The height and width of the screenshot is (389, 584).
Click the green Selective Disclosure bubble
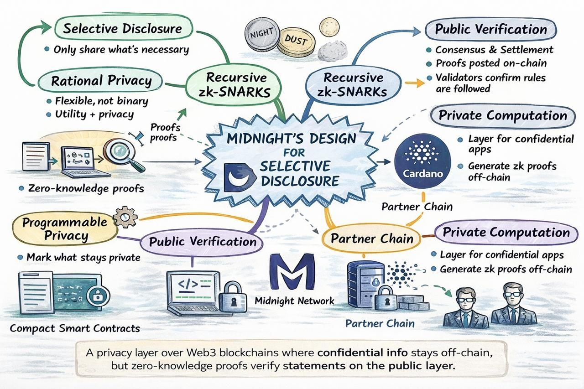click(122, 29)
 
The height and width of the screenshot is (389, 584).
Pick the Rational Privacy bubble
click(101, 81)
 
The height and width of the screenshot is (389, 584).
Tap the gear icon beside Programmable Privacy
click(122, 218)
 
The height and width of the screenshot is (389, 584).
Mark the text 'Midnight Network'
click(294, 301)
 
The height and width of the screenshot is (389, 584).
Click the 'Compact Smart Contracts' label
click(74, 328)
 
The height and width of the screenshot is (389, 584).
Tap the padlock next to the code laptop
click(233, 297)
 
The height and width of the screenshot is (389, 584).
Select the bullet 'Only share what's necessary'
click(121, 50)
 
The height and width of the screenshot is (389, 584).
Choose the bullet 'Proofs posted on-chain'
click(491, 63)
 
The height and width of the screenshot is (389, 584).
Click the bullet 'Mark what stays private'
click(83, 258)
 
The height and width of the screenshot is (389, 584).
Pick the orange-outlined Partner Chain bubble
click(372, 239)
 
